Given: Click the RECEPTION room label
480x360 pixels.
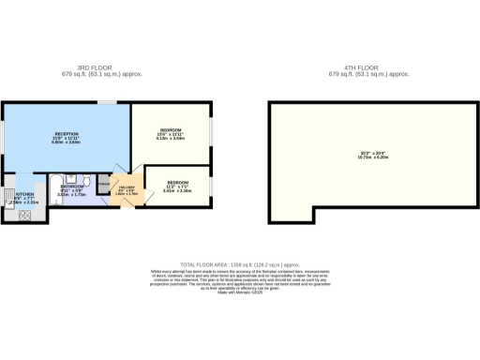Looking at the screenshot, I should (65, 133).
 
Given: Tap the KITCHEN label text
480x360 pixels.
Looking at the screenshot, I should (16, 196).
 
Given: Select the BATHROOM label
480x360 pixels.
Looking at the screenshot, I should (72, 187).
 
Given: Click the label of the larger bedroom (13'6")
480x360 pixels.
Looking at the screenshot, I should (170, 128).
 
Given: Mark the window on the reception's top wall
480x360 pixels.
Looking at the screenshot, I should (109, 102).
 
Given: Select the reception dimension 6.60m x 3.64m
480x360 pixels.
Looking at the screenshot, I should (65, 143).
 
